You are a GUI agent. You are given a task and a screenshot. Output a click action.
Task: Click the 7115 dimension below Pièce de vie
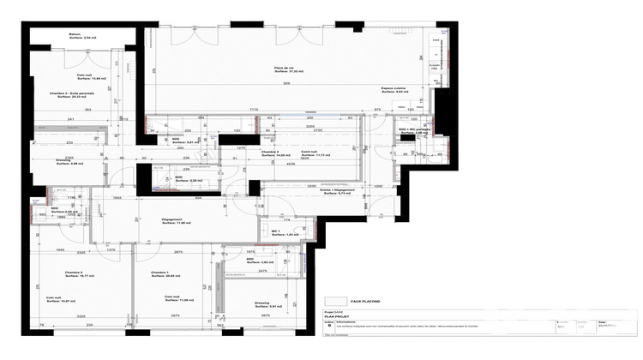(254, 110)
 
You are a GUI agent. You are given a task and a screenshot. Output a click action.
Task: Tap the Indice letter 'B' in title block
(328, 327)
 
